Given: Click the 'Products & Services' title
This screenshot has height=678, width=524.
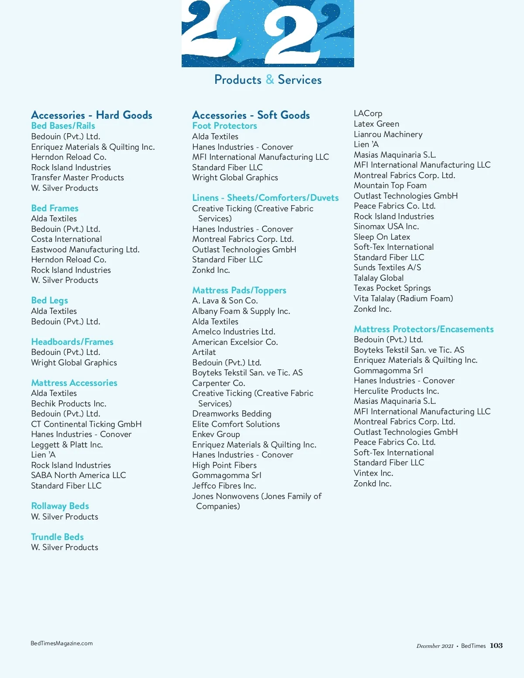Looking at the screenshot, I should (268, 80).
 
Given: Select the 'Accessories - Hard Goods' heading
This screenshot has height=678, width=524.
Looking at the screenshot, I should (92, 115).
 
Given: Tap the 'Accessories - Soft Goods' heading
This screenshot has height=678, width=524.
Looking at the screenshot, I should (251, 115).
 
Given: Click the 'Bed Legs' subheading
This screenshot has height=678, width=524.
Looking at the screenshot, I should (49, 300).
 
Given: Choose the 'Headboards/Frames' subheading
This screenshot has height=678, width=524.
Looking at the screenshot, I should (72, 342).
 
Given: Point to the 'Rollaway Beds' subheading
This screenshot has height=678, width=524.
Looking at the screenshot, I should (60, 506).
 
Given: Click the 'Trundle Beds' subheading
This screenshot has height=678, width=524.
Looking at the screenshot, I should (57, 537).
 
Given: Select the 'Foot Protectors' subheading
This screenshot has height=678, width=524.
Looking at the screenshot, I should (224, 126).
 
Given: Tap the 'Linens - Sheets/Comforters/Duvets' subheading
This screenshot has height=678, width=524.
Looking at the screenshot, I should (265, 198).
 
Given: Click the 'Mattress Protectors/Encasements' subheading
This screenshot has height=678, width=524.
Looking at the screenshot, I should (424, 329).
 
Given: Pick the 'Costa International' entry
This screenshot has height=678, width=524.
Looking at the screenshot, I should (66, 239).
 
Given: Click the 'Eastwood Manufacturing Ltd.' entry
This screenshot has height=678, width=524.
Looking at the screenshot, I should (85, 250).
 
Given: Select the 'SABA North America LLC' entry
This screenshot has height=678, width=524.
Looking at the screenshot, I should (79, 475).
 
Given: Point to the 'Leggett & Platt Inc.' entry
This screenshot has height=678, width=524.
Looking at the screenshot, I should (67, 445).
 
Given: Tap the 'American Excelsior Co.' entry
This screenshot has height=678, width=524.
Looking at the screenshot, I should (235, 342).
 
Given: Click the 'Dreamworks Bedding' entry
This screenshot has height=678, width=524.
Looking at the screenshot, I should (231, 414).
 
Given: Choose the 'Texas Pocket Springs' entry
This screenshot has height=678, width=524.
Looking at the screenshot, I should (392, 288).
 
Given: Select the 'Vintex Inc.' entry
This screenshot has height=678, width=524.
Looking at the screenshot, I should (373, 473).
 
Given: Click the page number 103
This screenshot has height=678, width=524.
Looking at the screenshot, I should (496, 646).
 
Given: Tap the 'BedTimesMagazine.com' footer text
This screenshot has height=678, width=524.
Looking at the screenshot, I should (62, 644).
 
